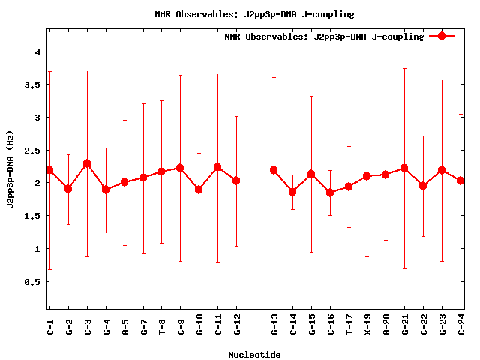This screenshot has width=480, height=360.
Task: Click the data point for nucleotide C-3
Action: pos(87,163)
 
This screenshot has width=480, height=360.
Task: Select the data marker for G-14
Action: pos(292,192)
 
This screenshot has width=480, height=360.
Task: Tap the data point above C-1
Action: pos(49,170)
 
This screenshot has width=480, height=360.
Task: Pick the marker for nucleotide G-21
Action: pos(405,168)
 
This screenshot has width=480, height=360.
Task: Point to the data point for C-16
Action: pos(330,193)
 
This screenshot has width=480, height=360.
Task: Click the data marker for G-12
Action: pos(236,181)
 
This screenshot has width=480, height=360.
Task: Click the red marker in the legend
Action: pos(442,36)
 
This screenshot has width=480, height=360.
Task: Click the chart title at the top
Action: pos(254,14)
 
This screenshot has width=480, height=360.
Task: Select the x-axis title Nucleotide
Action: pos(254,355)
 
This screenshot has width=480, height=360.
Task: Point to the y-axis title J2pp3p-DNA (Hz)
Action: pos(10,183)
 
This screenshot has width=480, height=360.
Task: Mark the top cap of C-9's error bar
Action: pos(181,75)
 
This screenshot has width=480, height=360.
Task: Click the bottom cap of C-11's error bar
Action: pos(218,262)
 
